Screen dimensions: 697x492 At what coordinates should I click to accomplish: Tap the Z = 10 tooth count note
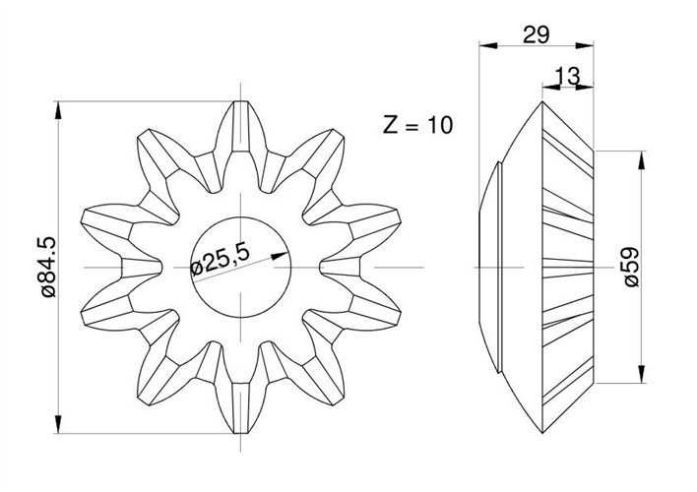point(417,125)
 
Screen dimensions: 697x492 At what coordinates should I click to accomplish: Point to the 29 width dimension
point(537,34)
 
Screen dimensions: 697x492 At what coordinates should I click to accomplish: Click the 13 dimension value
point(568,76)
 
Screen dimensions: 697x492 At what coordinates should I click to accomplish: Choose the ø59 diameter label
point(632,267)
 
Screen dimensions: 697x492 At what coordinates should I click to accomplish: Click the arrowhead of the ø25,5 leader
point(280,256)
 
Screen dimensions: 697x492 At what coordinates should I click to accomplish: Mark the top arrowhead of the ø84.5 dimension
point(58,110)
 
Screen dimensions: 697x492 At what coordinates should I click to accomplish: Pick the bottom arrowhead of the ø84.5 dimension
point(58,424)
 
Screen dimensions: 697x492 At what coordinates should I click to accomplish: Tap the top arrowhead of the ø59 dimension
point(641,160)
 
